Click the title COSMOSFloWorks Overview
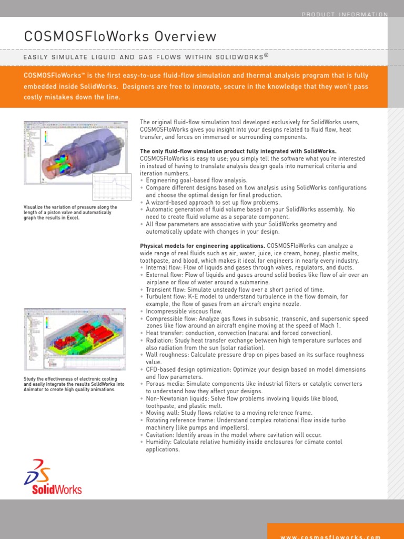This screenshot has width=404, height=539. (120, 36)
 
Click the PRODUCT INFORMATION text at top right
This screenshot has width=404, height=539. (345, 15)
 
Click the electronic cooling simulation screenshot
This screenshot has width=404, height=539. (75, 340)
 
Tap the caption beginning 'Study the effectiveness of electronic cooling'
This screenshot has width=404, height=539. (74, 384)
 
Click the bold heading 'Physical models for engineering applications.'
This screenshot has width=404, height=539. (203, 246)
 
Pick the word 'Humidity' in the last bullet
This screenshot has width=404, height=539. (158, 442)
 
